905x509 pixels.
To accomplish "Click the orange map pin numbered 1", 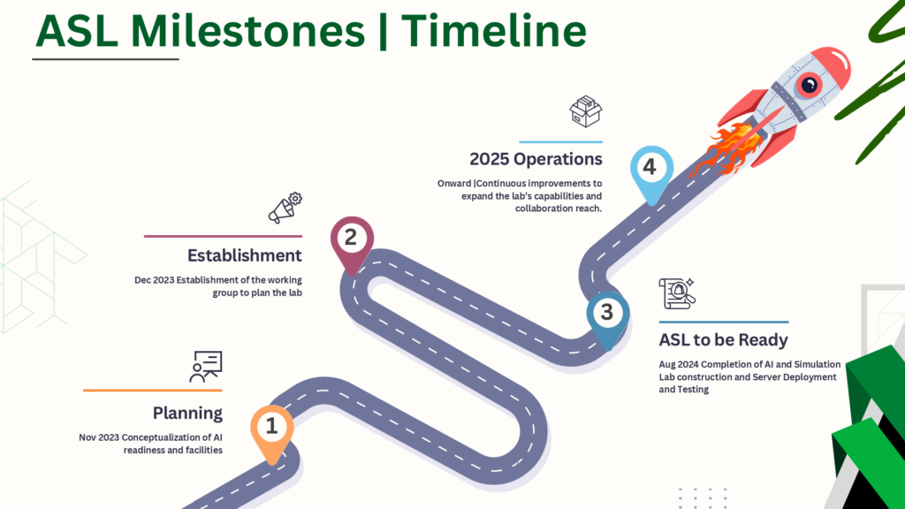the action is [272, 431].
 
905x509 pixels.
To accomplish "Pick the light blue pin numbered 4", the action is [651, 172].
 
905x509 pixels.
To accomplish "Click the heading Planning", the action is [187, 414].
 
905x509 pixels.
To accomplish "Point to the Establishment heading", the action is [245, 255].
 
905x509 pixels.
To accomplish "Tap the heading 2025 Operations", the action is [536, 159].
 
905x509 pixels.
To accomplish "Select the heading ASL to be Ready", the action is [723, 340].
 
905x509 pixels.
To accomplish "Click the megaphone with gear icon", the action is [285, 208].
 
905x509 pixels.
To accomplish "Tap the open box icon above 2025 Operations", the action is [586, 111].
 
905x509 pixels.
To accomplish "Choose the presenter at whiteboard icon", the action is [206, 367].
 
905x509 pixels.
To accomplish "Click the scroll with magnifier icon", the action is [677, 293].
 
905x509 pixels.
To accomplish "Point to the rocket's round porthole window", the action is [809, 86].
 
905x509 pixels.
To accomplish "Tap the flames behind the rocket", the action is [726, 150].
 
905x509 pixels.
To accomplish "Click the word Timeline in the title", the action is [494, 30].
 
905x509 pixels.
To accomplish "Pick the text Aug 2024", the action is [679, 364].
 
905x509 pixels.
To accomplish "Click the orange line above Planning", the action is [152, 390].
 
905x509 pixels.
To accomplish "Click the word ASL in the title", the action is [77, 30].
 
